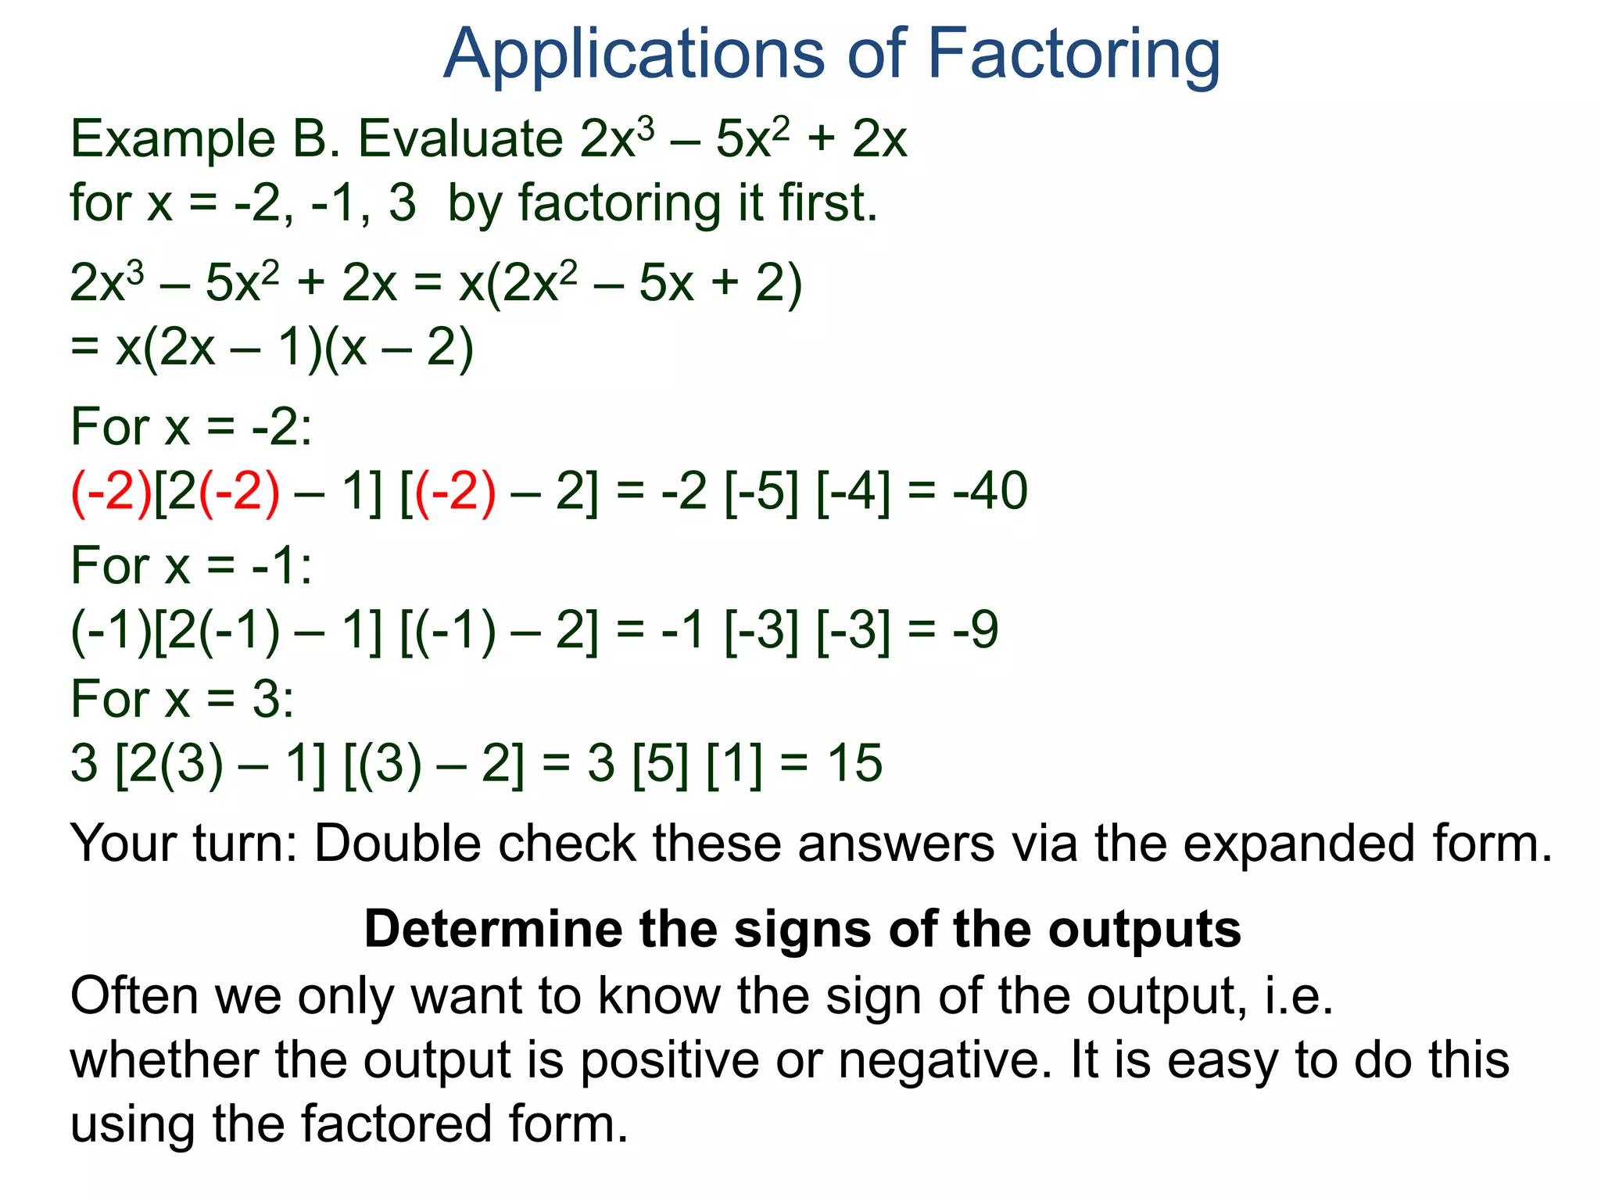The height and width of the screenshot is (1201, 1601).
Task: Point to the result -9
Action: click(976, 630)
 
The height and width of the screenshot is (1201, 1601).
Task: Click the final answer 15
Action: click(855, 764)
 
